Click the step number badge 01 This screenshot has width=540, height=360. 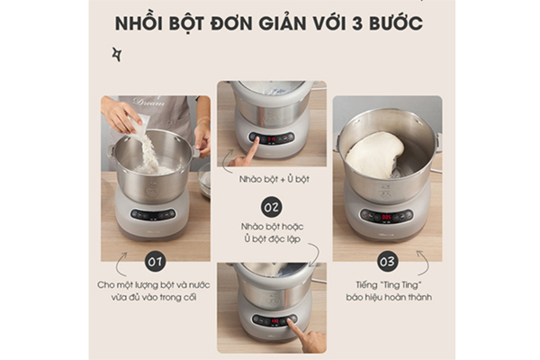154,263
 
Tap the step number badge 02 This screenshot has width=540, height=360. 271,206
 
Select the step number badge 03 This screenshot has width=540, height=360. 387,263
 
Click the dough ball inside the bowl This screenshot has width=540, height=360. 376,156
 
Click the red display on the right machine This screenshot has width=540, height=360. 386,216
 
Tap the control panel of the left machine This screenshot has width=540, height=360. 153,215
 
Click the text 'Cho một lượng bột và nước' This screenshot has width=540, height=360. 154,284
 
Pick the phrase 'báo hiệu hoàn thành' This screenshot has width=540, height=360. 387,297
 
